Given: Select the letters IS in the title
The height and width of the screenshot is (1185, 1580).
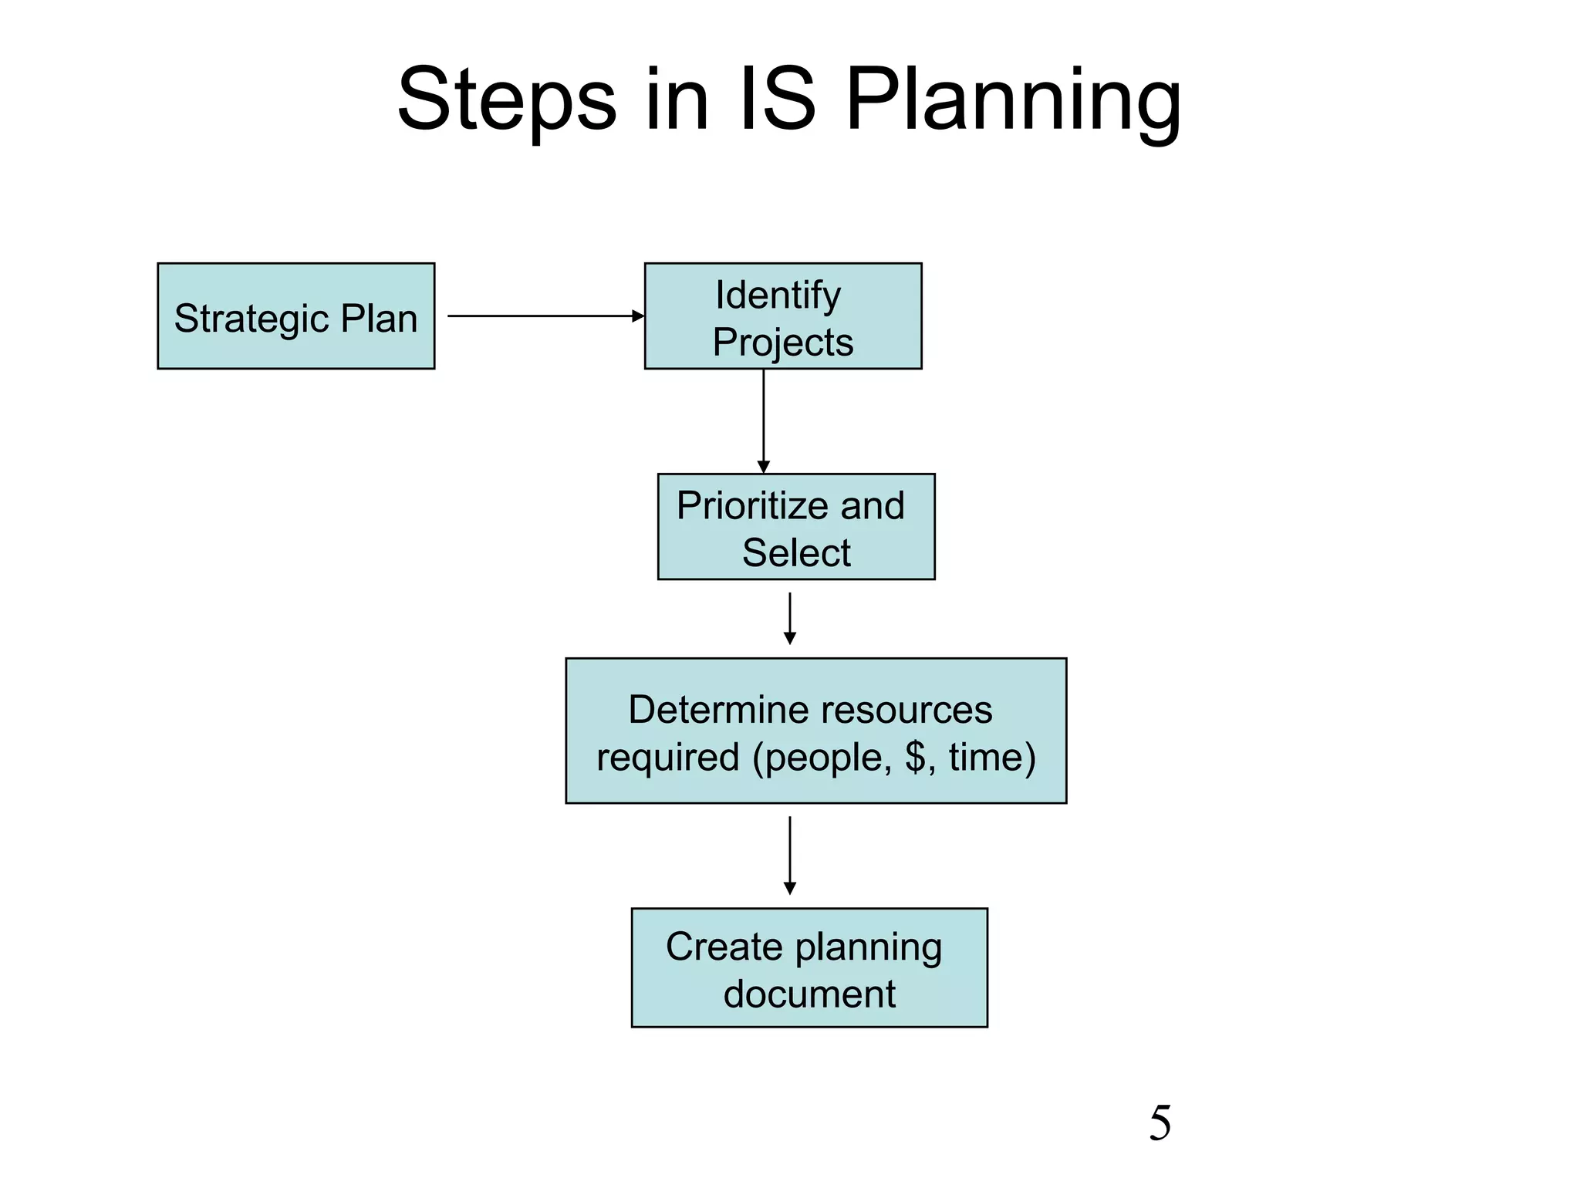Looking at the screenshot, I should point(776,100).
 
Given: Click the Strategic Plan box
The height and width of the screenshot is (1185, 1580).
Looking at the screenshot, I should point(295,316).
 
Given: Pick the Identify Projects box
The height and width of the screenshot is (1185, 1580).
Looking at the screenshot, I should point(783,316).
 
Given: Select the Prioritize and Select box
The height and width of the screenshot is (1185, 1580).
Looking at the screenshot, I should point(796,527).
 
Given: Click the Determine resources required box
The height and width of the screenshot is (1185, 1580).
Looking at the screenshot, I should point(815,731).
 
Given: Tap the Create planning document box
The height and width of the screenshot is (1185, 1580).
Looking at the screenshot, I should point(809,967).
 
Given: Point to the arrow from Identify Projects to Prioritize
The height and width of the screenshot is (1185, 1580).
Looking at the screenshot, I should point(764,420).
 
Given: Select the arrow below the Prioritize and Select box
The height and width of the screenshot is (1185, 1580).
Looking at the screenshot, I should point(790,618).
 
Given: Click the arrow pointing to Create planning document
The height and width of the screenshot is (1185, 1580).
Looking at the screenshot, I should point(790,855).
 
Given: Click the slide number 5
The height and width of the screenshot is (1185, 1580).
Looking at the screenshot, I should point(1160,1123).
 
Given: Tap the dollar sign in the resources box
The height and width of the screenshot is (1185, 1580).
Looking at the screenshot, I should point(915,756).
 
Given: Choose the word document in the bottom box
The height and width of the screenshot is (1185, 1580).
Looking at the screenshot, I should point(809,994).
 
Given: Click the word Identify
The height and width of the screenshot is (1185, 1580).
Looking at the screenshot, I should point(778,295).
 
